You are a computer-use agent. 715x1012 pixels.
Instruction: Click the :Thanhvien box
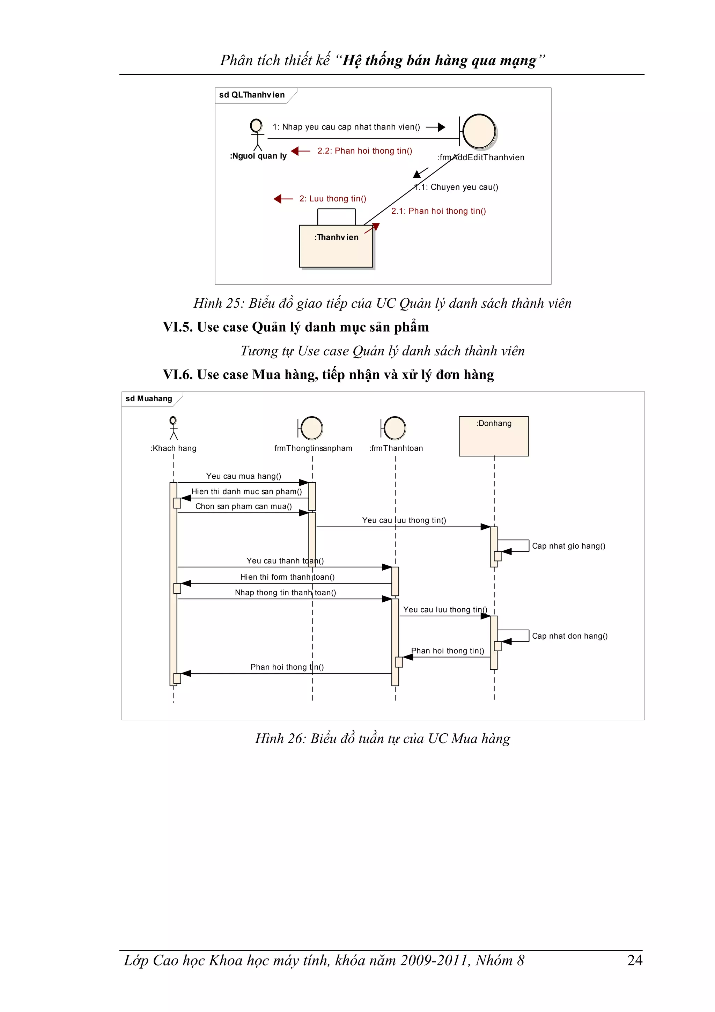click(x=336, y=245)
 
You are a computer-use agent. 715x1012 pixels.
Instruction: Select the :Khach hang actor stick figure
click(x=174, y=428)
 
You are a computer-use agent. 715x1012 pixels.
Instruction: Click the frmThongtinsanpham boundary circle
click(x=312, y=428)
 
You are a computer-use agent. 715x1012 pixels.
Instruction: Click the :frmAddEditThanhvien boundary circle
click(x=479, y=131)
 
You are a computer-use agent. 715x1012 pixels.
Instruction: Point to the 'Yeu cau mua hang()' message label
click(x=243, y=476)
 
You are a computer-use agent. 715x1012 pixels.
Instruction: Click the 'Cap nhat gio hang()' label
click(x=568, y=546)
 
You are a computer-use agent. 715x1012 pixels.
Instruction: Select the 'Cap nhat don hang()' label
click(x=569, y=636)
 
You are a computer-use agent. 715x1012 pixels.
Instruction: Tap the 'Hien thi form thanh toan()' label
click(x=287, y=577)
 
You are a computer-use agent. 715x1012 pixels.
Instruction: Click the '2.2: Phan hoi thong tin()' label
click(x=365, y=151)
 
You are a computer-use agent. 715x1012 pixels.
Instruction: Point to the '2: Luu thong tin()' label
click(x=333, y=199)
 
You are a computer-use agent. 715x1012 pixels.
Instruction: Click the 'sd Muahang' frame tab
click(x=149, y=398)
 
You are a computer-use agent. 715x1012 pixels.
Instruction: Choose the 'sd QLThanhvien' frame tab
click(x=252, y=95)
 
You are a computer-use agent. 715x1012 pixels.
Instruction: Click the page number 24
click(x=634, y=960)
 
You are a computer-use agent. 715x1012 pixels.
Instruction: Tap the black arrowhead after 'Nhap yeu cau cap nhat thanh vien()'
click(x=441, y=127)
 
